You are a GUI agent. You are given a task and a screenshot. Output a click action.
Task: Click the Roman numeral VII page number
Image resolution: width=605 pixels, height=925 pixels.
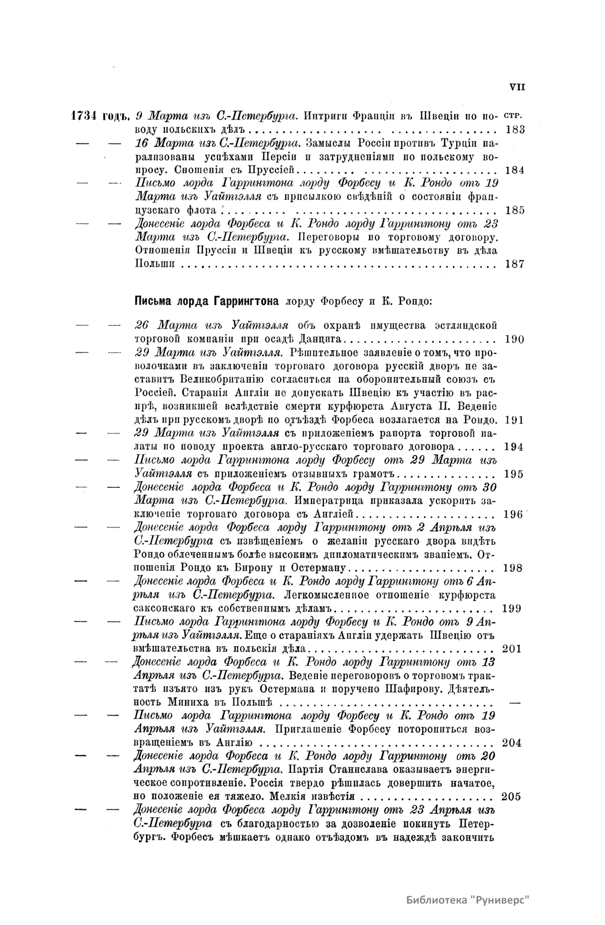point(517,87)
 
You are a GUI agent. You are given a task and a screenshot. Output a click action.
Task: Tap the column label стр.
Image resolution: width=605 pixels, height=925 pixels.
point(514,115)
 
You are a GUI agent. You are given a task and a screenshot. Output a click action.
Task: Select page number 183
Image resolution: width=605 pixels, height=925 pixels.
point(515,129)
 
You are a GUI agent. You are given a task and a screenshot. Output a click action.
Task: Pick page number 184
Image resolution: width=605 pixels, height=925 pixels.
point(515,170)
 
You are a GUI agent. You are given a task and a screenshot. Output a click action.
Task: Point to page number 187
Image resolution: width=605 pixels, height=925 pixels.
point(515,264)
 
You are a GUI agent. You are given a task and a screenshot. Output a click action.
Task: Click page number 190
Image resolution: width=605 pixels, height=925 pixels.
point(514,339)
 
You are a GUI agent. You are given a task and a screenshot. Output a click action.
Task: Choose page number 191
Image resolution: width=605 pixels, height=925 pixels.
point(514,420)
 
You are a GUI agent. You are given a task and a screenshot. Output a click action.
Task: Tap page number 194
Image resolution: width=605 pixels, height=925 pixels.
point(514,447)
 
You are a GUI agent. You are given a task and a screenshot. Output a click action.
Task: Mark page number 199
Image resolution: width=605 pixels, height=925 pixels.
point(513,608)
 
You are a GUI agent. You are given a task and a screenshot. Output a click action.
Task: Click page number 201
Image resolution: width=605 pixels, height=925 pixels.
point(512,649)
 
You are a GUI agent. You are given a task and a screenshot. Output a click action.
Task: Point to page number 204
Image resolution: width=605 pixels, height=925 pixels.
point(512,743)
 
